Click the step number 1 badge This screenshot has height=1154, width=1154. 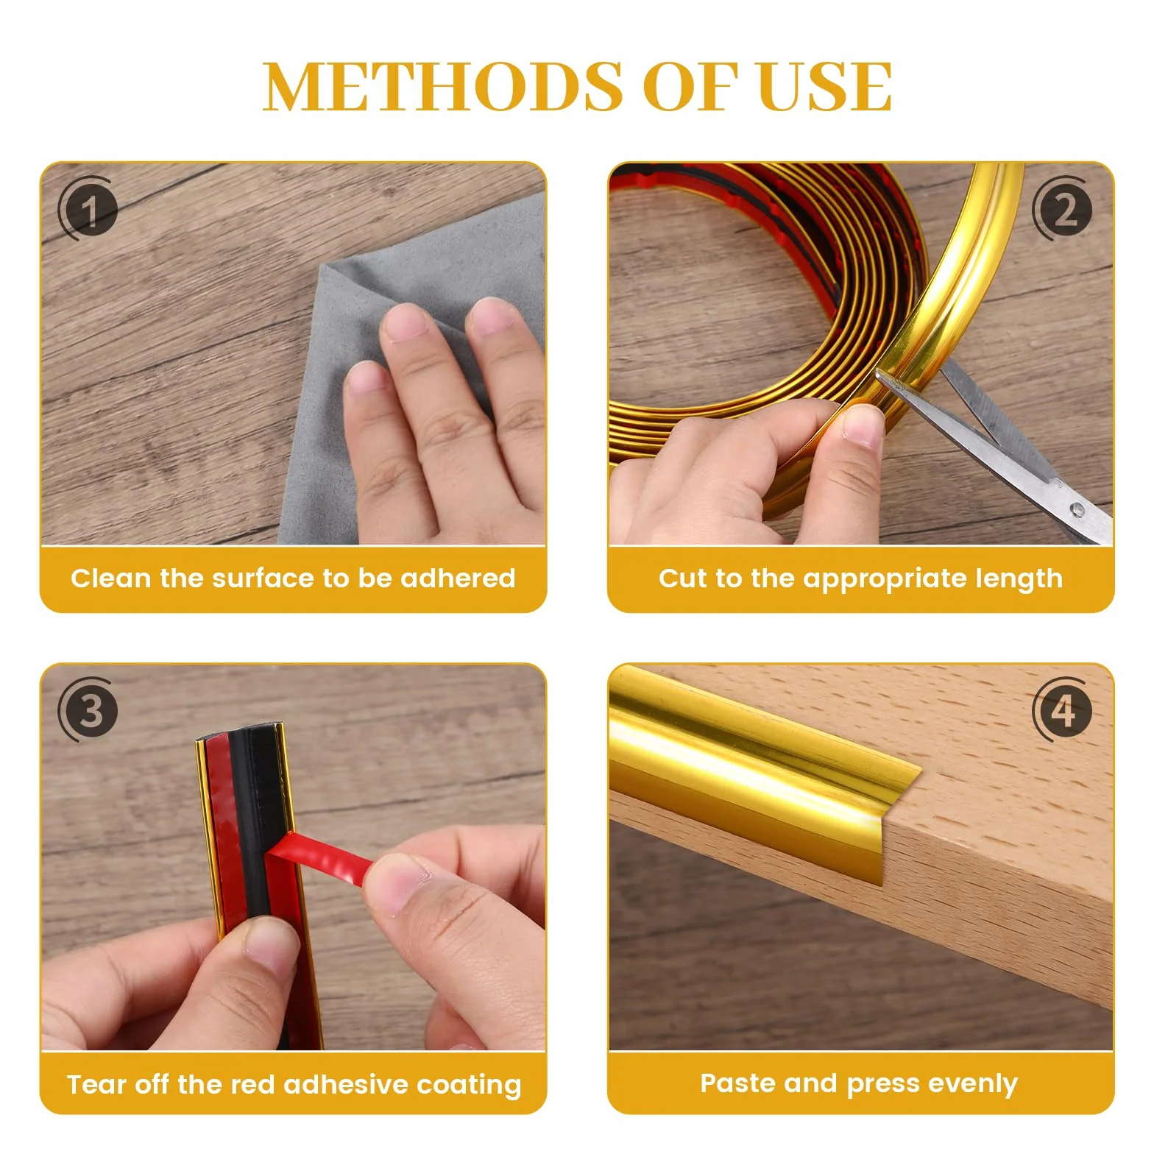point(88,210)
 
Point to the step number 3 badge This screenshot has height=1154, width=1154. point(88,711)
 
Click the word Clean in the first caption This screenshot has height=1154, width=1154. point(110,578)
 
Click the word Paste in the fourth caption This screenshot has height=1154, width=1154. point(738,1083)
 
